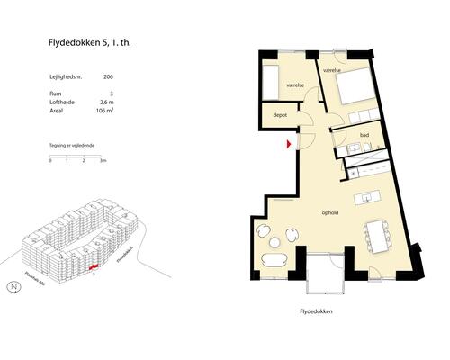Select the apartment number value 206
(x=109, y=77)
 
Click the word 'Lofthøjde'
(x=64, y=105)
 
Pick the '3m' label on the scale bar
(x=103, y=160)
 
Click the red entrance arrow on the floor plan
(x=288, y=143)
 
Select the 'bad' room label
(x=364, y=136)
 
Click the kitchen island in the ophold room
(x=364, y=198)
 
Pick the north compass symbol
(x=13, y=288)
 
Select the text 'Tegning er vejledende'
(x=72, y=144)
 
